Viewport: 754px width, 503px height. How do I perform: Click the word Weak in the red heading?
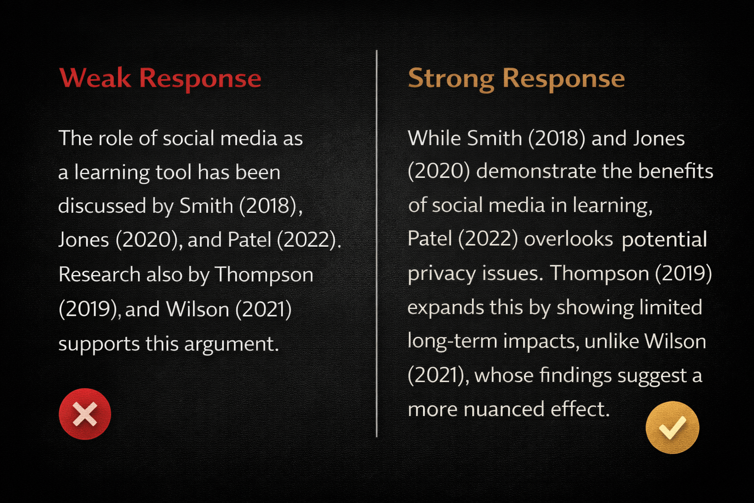point(95,78)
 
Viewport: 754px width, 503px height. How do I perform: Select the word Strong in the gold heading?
point(451,79)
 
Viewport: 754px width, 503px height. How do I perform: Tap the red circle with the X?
point(85,414)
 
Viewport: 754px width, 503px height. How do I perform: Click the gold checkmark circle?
point(672,427)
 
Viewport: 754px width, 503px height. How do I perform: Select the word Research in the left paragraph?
point(99,274)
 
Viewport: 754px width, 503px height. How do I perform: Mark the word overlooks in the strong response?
point(568,239)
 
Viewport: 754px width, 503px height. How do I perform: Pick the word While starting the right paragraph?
point(434,138)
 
